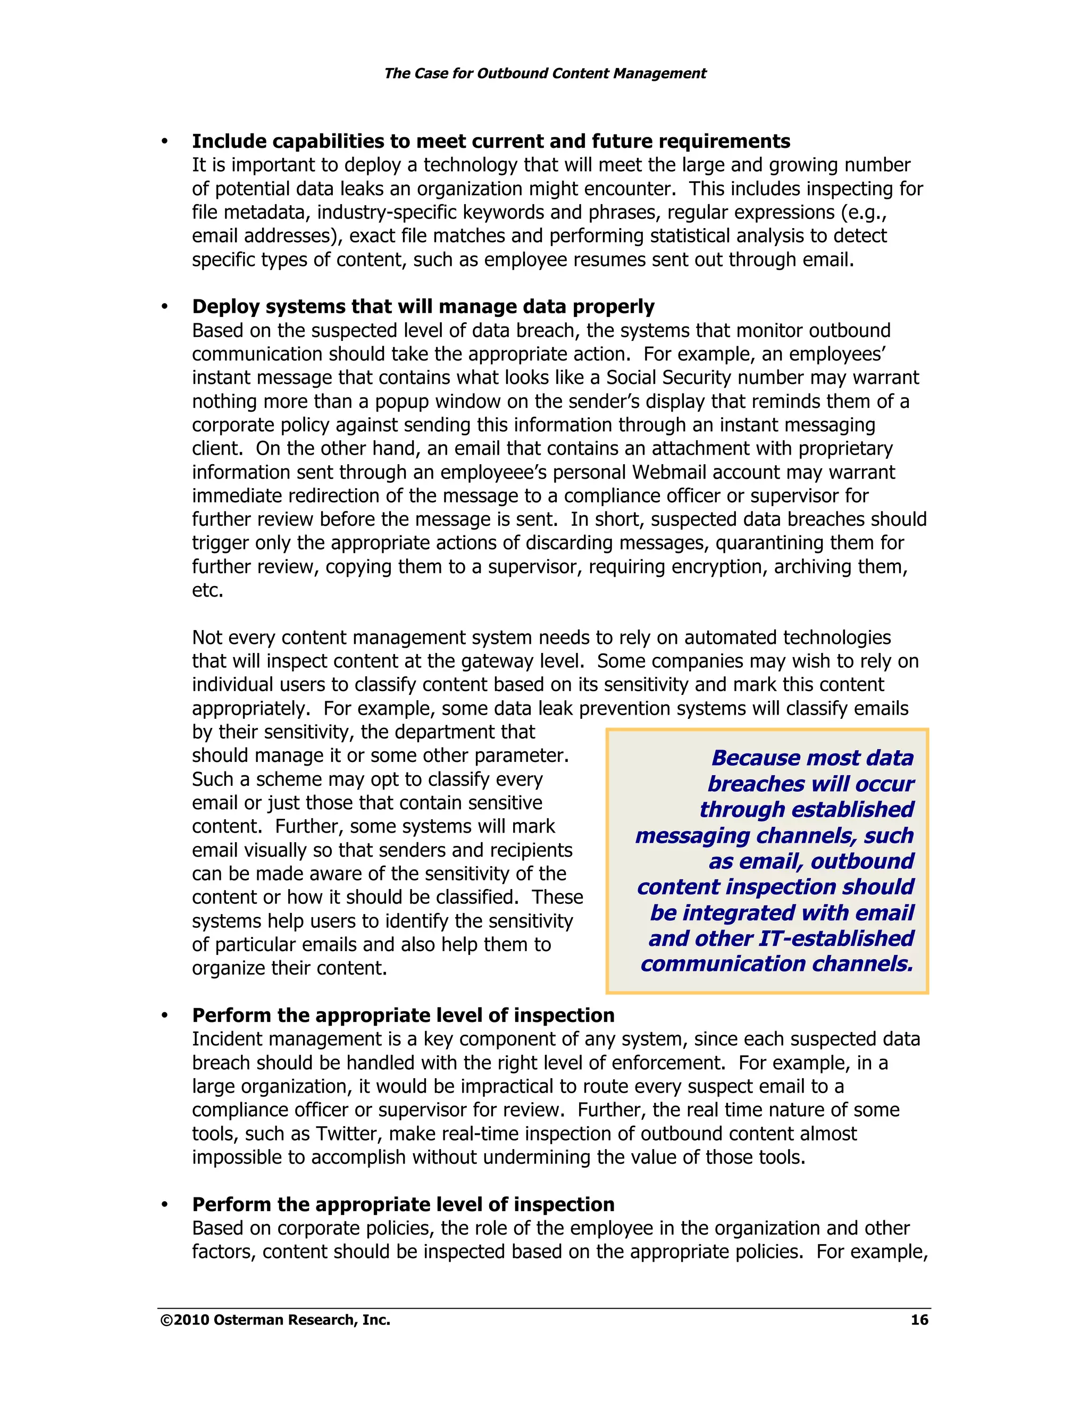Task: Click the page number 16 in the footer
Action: point(919,1319)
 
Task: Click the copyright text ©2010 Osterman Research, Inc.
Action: point(275,1319)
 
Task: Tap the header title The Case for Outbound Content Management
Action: point(544,73)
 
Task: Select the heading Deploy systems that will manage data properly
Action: point(423,306)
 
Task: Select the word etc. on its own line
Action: point(207,590)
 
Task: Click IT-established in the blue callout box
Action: point(836,938)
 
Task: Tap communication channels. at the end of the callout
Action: point(777,964)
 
